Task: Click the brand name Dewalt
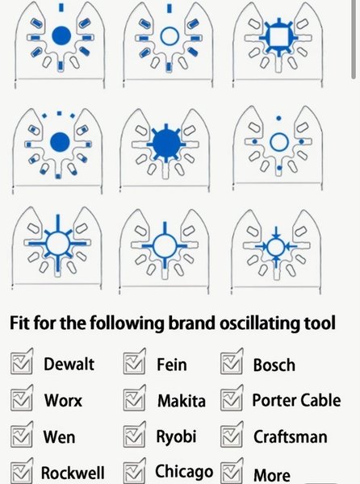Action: (69, 364)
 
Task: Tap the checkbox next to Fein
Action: (134, 361)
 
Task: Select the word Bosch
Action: (274, 365)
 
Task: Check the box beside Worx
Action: (22, 398)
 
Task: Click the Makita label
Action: (182, 401)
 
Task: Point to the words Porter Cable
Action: (296, 400)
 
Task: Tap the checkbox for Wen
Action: (22, 434)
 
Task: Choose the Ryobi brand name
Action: (176, 436)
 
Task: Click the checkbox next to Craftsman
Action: (232, 434)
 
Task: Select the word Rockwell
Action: (73, 473)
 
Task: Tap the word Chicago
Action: (184, 471)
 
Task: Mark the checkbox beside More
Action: (232, 471)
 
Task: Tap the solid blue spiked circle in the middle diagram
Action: (166, 144)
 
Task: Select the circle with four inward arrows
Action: (276, 247)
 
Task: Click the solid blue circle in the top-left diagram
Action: (61, 35)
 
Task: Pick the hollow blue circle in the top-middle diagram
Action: (170, 35)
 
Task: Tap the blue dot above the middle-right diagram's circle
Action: (278, 119)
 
